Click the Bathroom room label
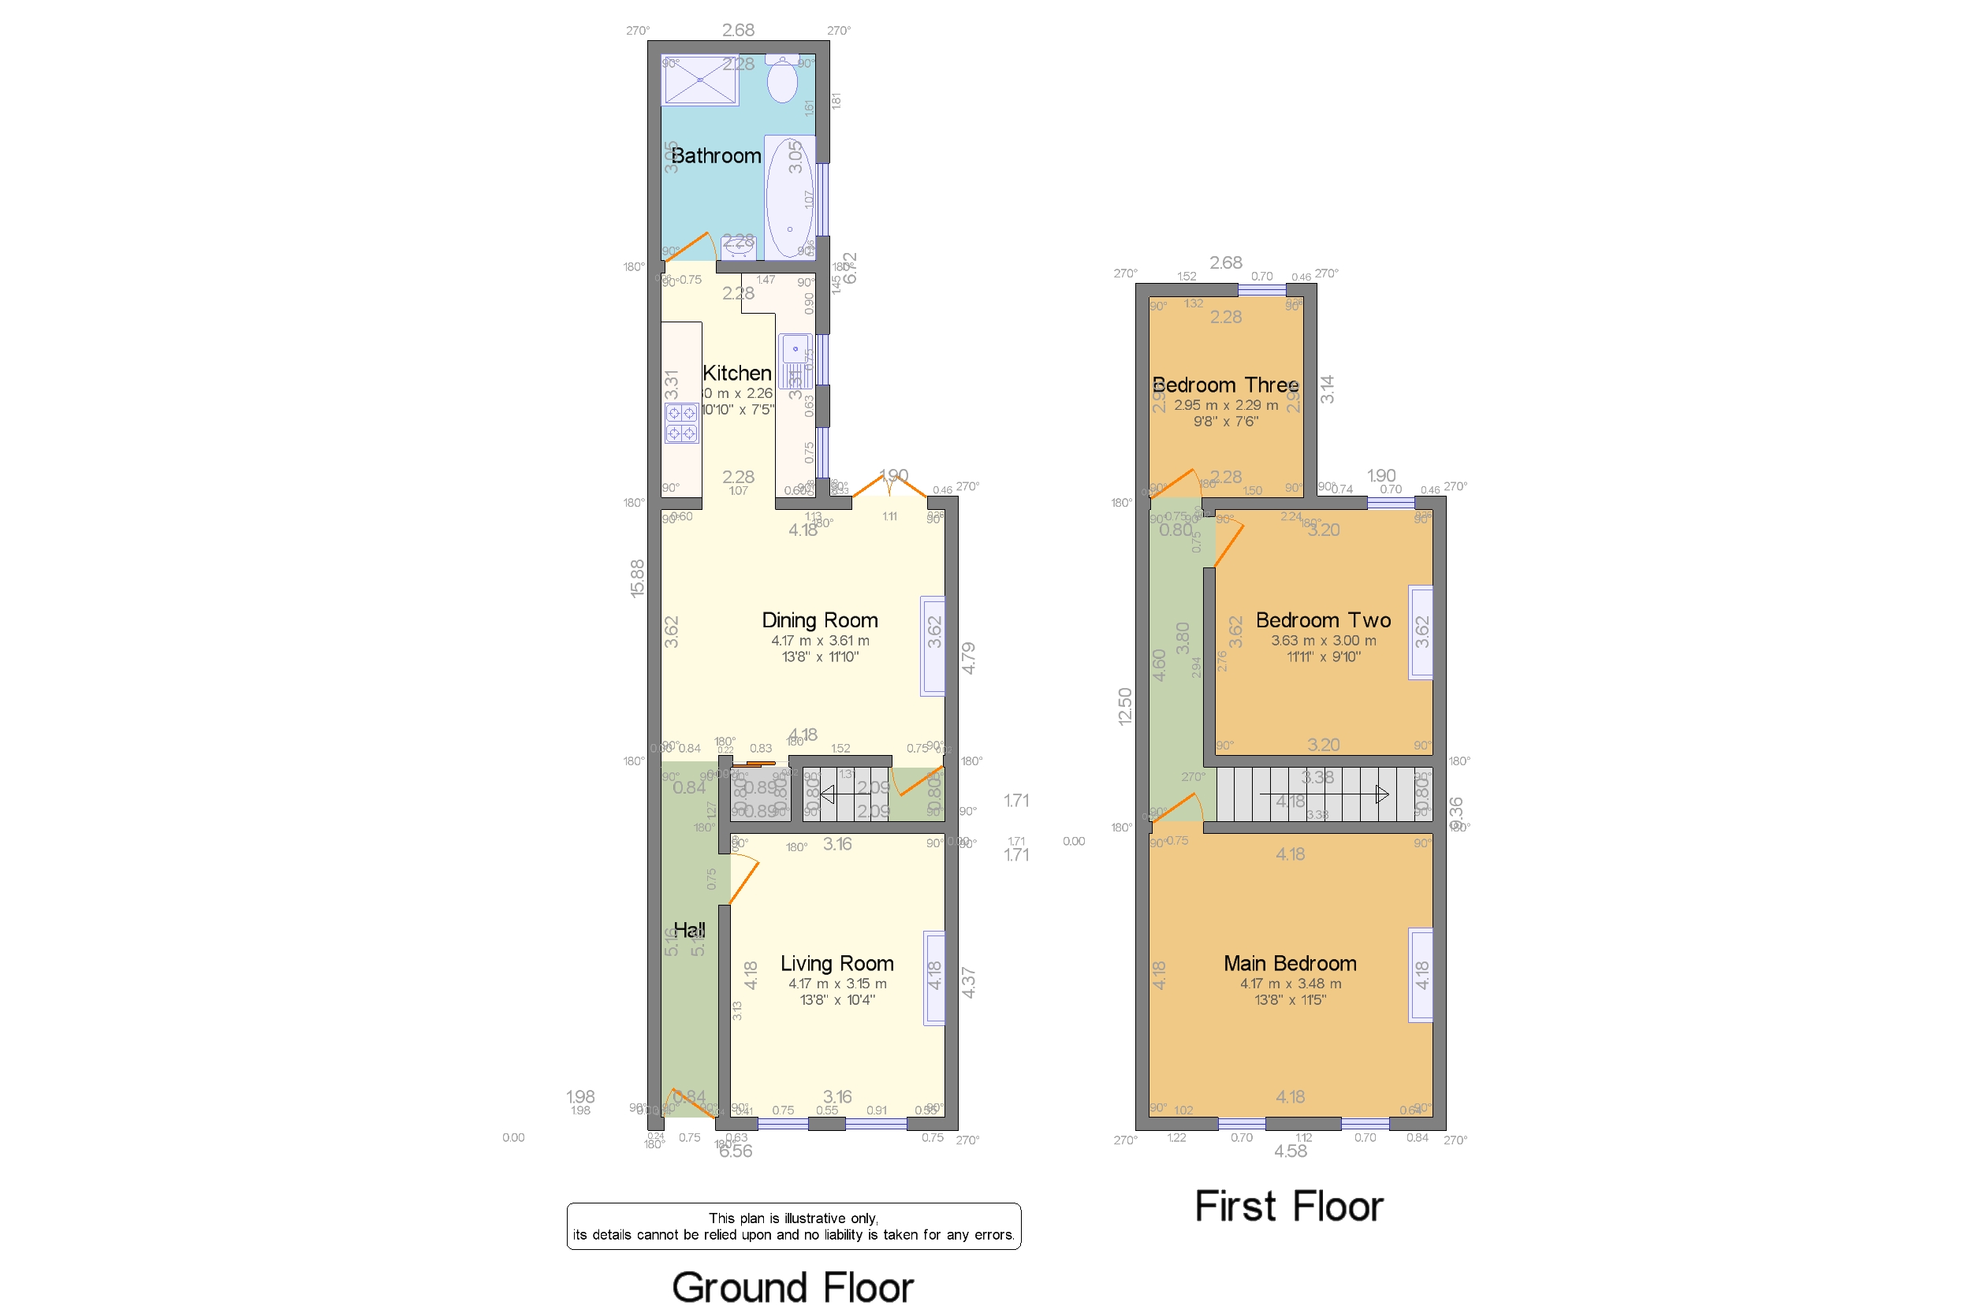coord(715,156)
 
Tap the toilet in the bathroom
coord(781,80)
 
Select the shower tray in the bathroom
coord(699,80)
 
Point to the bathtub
coord(789,199)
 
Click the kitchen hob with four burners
coord(681,422)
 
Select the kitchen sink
coord(794,360)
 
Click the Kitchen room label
coord(736,373)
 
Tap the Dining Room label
coord(819,620)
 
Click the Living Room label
coord(836,964)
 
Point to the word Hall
coord(688,929)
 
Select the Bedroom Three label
coord(1224,385)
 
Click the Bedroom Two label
coord(1323,620)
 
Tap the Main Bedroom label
coord(1289,964)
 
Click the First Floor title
coord(1288,1207)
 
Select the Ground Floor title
coord(792,1287)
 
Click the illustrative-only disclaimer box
coord(793,1226)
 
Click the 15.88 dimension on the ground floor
coord(638,578)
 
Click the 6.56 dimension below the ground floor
coord(736,1151)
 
